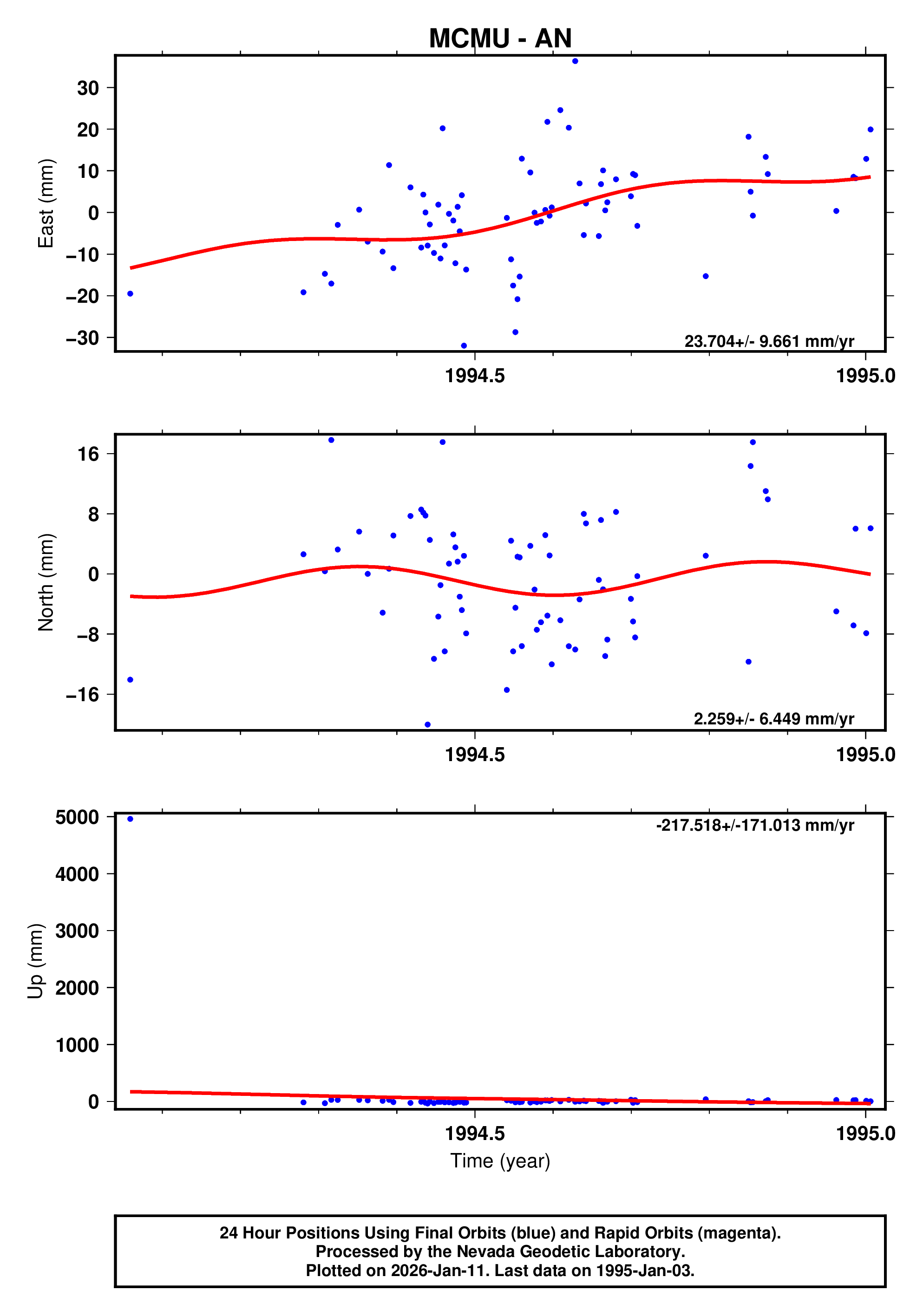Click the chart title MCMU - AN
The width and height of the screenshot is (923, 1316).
[499, 39]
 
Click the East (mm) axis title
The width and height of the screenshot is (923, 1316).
[46, 203]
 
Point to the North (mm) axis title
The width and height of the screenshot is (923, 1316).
[46, 582]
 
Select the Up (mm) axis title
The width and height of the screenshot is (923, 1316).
[36, 961]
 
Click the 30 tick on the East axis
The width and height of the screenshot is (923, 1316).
[88, 88]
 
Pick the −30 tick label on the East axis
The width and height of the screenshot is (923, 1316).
[83, 338]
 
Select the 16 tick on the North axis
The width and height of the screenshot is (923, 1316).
[88, 455]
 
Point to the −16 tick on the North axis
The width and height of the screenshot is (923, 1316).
[83, 695]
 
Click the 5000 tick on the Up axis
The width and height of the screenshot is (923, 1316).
[77, 817]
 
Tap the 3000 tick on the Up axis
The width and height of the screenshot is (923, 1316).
[77, 931]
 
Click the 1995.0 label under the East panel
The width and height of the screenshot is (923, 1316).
[865, 376]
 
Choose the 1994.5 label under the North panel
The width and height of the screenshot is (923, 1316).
[475, 755]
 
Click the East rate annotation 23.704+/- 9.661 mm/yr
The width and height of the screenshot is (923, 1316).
[769, 342]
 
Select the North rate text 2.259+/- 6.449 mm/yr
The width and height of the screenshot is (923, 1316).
[773, 719]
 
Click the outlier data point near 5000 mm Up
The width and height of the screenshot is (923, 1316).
[130, 819]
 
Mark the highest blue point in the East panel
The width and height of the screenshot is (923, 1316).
[575, 61]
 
